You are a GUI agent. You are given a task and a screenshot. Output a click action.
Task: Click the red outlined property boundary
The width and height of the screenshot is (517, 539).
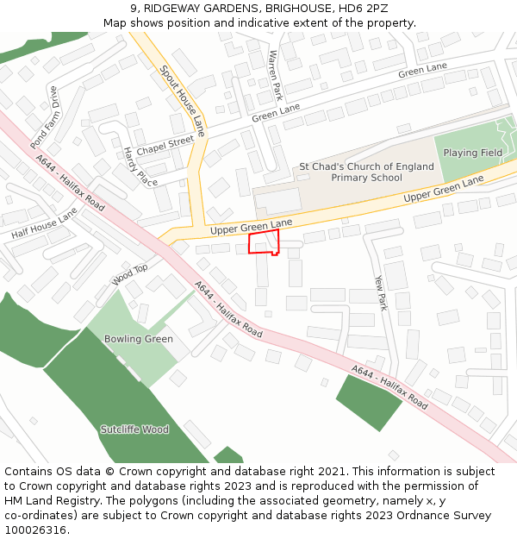click(263, 242)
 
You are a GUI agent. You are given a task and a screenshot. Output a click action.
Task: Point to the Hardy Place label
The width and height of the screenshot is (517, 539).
click(140, 166)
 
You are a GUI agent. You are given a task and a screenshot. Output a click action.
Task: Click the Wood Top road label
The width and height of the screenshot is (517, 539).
click(130, 275)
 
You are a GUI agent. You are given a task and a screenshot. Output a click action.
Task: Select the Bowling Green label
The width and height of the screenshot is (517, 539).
click(139, 339)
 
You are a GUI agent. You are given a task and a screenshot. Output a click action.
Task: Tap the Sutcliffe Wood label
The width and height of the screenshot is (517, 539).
click(134, 429)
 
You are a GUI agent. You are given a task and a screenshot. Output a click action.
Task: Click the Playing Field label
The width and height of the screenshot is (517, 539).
click(472, 153)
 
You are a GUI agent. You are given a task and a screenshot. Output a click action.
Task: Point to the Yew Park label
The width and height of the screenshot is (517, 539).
click(381, 292)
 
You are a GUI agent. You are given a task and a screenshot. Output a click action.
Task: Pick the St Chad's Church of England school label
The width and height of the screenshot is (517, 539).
click(366, 172)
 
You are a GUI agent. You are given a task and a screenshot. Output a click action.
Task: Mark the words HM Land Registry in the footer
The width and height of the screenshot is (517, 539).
click(43, 500)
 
